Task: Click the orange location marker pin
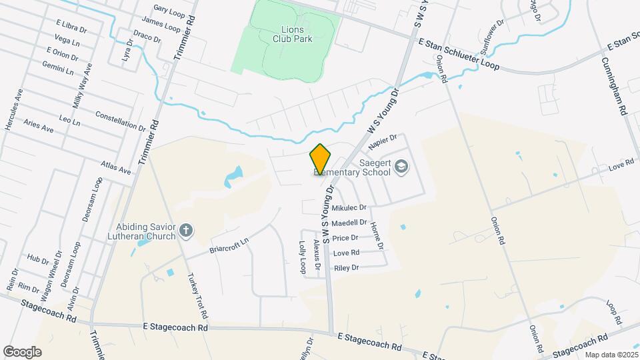click(320, 159)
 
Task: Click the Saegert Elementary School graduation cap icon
click(401, 165)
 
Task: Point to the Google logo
click(22, 352)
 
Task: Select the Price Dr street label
click(345, 238)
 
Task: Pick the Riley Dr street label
click(346, 268)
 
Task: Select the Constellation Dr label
click(120, 121)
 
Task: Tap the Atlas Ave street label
click(116, 167)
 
